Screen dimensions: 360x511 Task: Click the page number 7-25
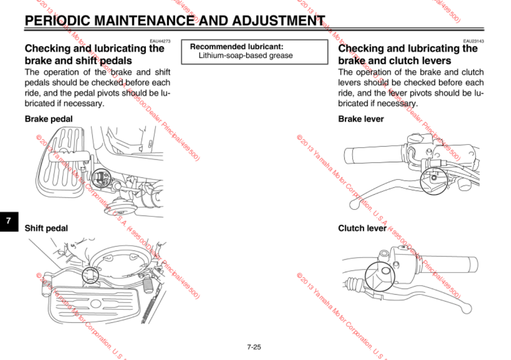254,347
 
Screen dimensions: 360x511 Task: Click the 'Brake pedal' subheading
49,119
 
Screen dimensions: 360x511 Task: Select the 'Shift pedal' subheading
46,228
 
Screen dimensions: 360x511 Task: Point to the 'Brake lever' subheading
361,119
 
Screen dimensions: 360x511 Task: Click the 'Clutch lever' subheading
362,228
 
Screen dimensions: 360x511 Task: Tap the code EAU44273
160,41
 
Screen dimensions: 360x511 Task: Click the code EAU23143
473,41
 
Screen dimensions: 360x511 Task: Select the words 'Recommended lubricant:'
237,47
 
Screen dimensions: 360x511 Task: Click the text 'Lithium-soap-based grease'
246,55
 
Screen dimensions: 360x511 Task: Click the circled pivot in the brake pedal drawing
102,177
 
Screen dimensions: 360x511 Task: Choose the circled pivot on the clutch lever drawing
379,276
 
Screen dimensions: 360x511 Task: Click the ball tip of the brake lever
355,206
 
